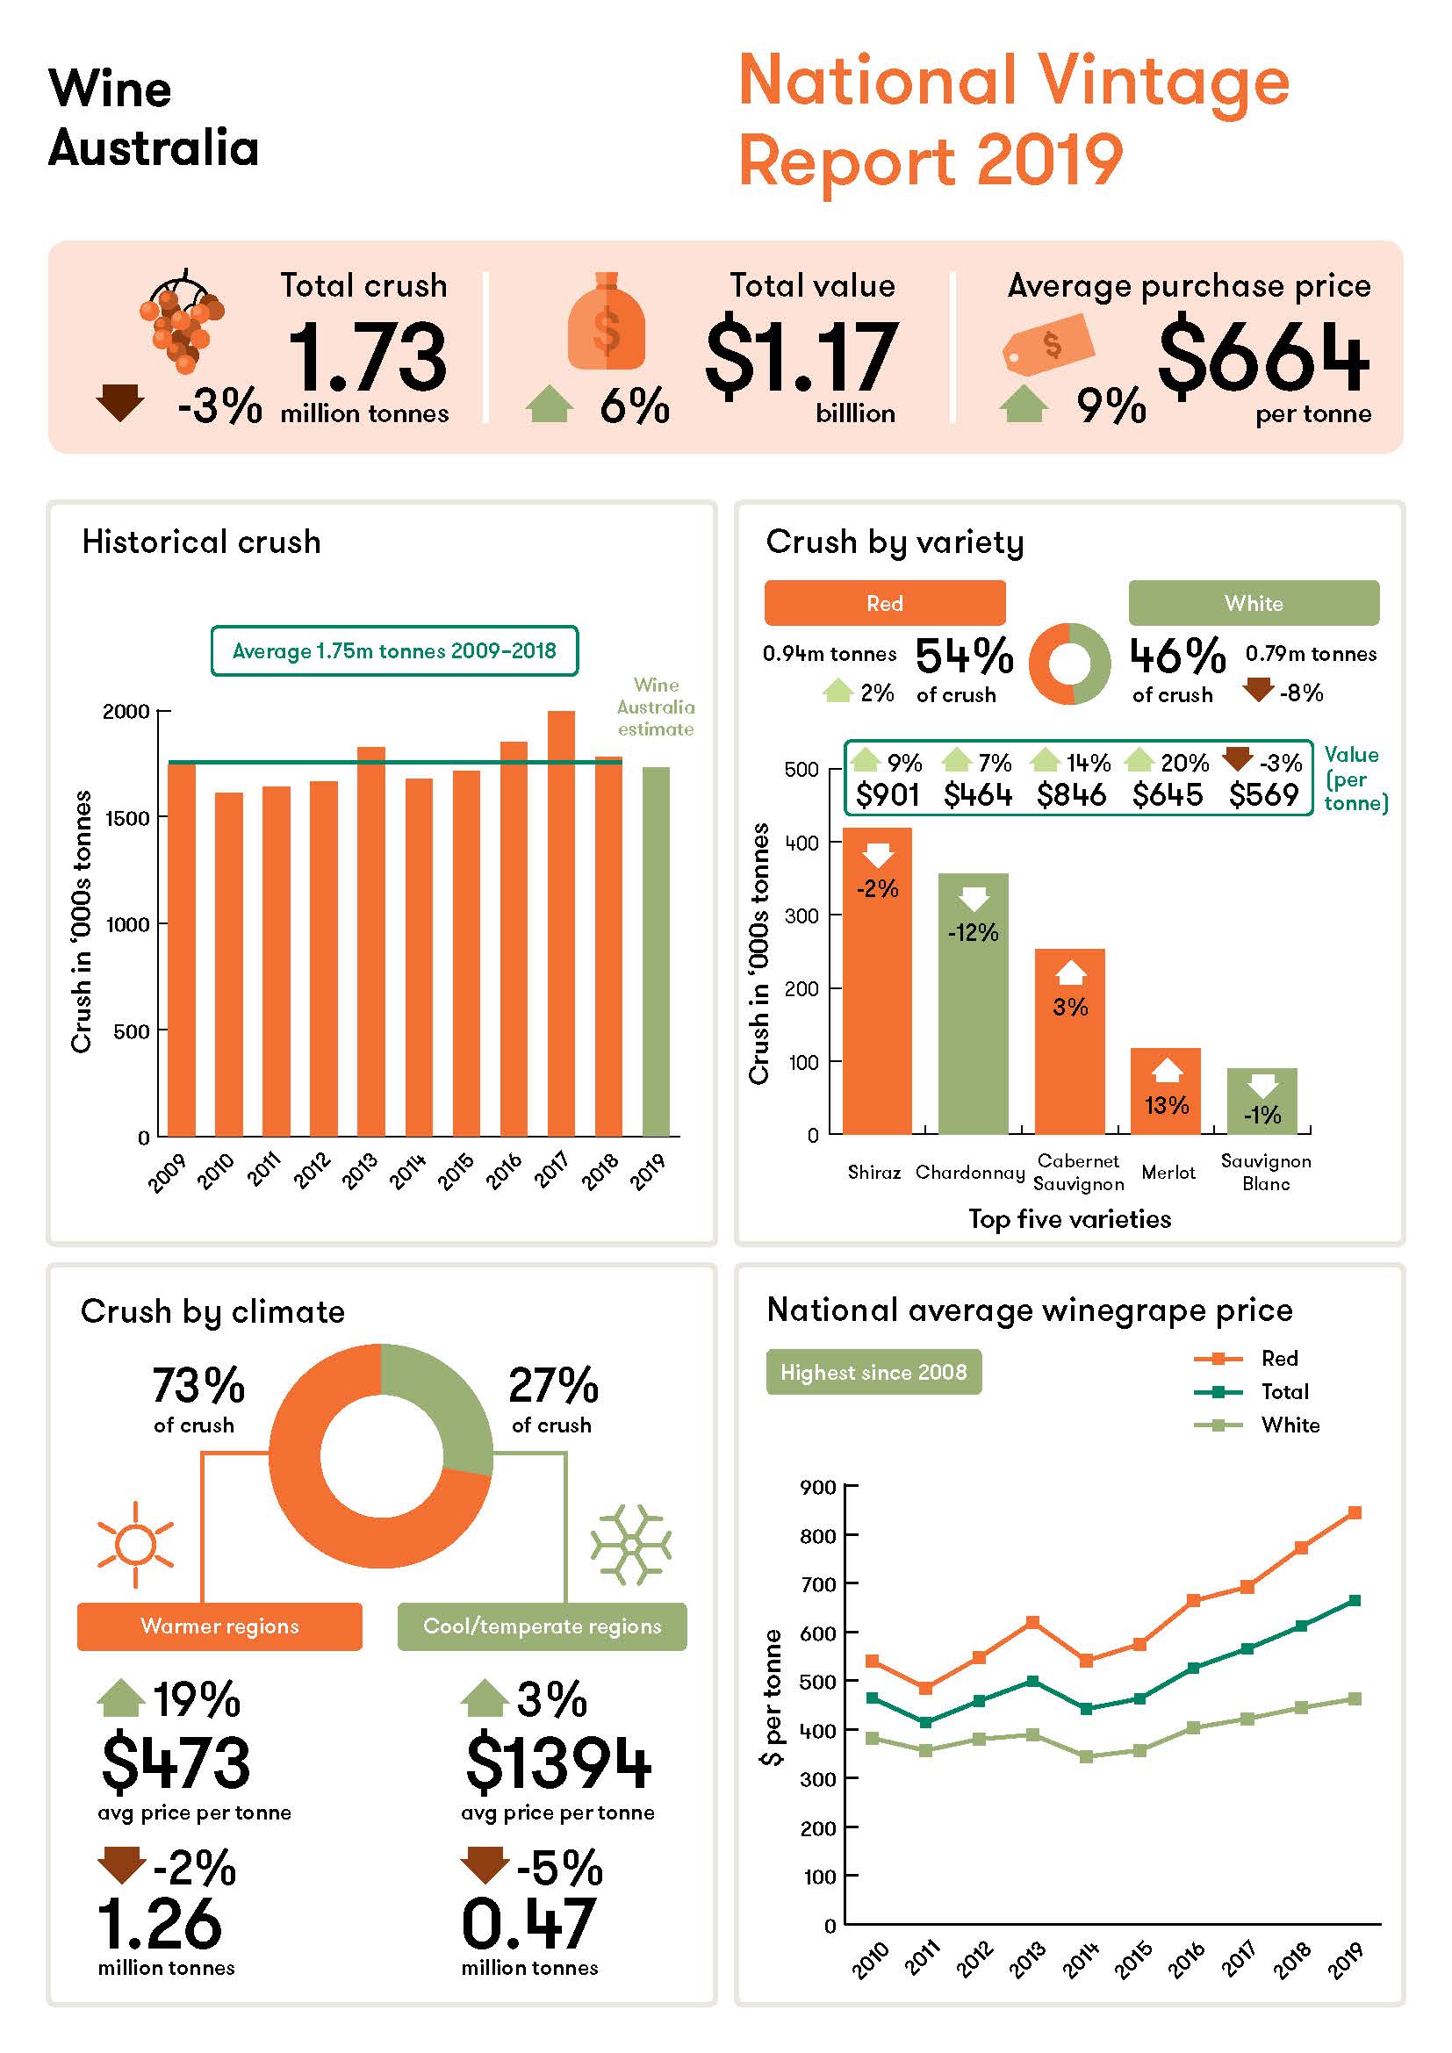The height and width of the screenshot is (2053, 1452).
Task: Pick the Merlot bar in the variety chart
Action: (x=1165, y=1091)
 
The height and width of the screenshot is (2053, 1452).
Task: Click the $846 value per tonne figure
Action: (x=1071, y=794)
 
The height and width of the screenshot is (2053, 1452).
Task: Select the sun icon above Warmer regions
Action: (x=135, y=1544)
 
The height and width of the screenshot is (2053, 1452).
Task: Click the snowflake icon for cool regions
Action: (x=630, y=1544)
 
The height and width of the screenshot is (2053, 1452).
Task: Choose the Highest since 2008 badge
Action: (x=873, y=1372)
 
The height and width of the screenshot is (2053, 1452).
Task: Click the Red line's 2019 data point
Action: (x=1354, y=1513)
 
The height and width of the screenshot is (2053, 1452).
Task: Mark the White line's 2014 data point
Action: (x=1085, y=1756)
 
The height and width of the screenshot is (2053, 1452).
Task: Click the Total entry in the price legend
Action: (x=1284, y=1391)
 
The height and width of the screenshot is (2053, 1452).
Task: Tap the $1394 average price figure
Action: (x=558, y=1762)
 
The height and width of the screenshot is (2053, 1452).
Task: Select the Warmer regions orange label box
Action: (x=219, y=1626)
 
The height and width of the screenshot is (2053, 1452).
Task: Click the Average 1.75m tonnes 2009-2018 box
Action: (x=394, y=650)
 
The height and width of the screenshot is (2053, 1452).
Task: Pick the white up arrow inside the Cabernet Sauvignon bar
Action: (x=1070, y=972)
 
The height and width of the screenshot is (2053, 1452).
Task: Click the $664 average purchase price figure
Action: (x=1262, y=355)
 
